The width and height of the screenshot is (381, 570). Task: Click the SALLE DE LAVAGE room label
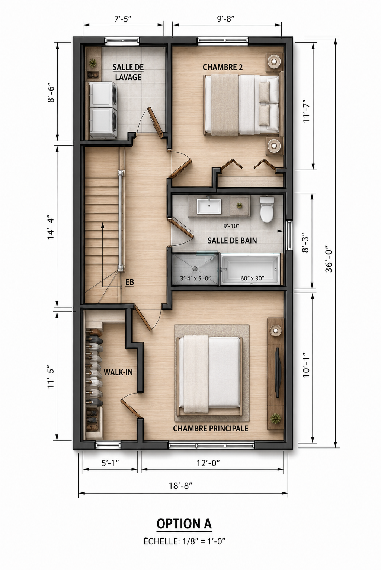click(128, 72)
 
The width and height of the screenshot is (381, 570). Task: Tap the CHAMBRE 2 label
click(222, 67)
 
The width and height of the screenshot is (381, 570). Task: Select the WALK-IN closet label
click(118, 372)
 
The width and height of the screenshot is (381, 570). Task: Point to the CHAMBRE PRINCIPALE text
click(211, 428)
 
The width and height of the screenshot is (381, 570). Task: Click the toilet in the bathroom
click(267, 209)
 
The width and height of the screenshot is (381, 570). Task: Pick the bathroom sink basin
click(209, 206)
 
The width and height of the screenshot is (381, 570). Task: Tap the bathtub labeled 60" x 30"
click(250, 270)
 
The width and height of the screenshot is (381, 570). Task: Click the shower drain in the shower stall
click(195, 268)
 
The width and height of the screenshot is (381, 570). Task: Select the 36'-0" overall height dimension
click(329, 258)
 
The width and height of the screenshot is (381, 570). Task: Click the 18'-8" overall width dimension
click(180, 485)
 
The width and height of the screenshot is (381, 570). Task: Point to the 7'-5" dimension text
click(123, 19)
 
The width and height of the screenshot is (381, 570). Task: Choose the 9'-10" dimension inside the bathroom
click(231, 225)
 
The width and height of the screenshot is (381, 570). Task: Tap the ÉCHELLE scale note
click(185, 541)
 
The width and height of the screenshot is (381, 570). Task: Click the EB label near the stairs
click(129, 282)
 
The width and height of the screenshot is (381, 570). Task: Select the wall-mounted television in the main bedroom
click(278, 372)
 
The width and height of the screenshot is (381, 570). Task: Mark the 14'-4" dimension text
click(51, 228)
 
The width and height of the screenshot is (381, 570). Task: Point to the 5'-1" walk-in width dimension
click(110, 463)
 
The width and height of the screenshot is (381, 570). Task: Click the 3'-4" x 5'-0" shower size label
click(195, 278)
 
